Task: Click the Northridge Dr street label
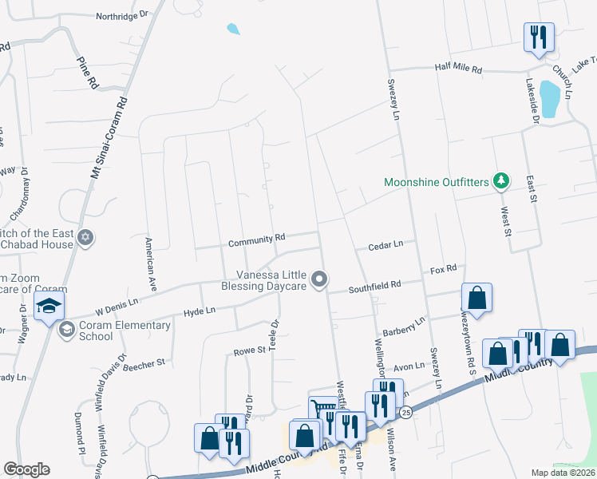click(x=122, y=15)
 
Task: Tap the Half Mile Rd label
click(x=459, y=69)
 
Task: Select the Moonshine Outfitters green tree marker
click(x=501, y=182)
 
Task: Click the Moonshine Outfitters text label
click(x=436, y=182)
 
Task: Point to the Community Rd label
click(x=256, y=238)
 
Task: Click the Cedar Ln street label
click(x=385, y=246)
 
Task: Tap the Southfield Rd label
click(x=374, y=283)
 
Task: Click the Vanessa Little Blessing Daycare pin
click(x=320, y=279)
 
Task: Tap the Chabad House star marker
click(x=86, y=237)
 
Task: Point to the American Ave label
click(x=149, y=263)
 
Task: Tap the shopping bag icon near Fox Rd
click(x=476, y=298)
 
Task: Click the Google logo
click(x=26, y=469)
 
